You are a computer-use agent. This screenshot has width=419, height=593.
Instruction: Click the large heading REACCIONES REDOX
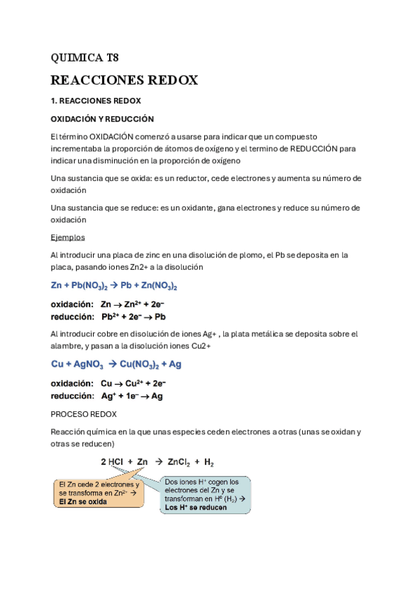[125, 80]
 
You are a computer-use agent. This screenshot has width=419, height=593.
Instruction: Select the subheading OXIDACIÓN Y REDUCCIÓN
[102, 119]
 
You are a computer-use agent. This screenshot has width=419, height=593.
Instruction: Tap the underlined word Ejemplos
[68, 237]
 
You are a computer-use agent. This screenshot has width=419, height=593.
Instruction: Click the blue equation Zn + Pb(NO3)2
[114, 286]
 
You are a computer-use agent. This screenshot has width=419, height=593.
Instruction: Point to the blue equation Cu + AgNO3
[117, 364]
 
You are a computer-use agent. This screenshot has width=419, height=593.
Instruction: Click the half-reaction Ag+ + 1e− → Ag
[132, 396]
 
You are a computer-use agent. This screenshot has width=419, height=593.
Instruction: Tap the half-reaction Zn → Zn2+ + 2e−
[132, 305]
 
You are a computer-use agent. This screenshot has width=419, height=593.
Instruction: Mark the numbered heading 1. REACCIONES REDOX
[96, 101]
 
